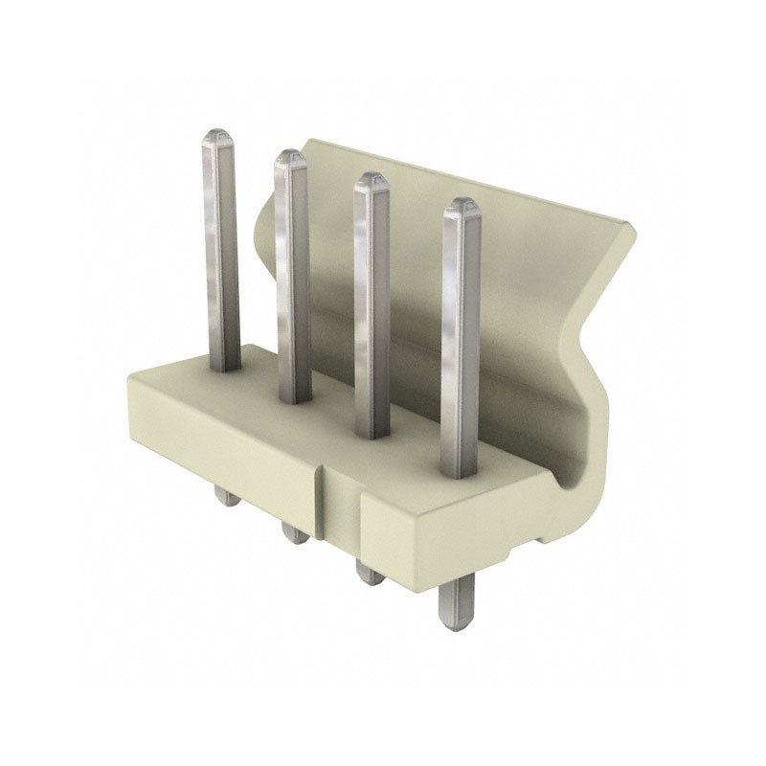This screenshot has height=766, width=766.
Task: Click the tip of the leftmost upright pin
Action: click(216, 135)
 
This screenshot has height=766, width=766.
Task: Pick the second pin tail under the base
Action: click(296, 529)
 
